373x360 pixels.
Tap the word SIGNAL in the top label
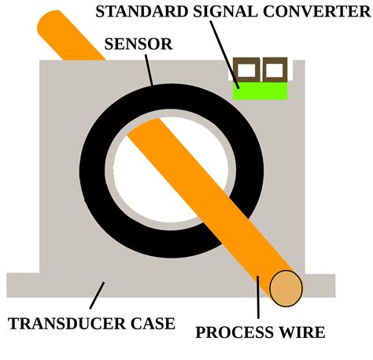tap(212, 11)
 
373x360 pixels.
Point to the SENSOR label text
tap(138, 43)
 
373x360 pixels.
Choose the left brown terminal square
tap(247, 71)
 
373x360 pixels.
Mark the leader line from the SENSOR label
tap(147, 69)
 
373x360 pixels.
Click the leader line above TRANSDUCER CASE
tap(97, 296)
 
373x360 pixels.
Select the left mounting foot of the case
tap(22, 284)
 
